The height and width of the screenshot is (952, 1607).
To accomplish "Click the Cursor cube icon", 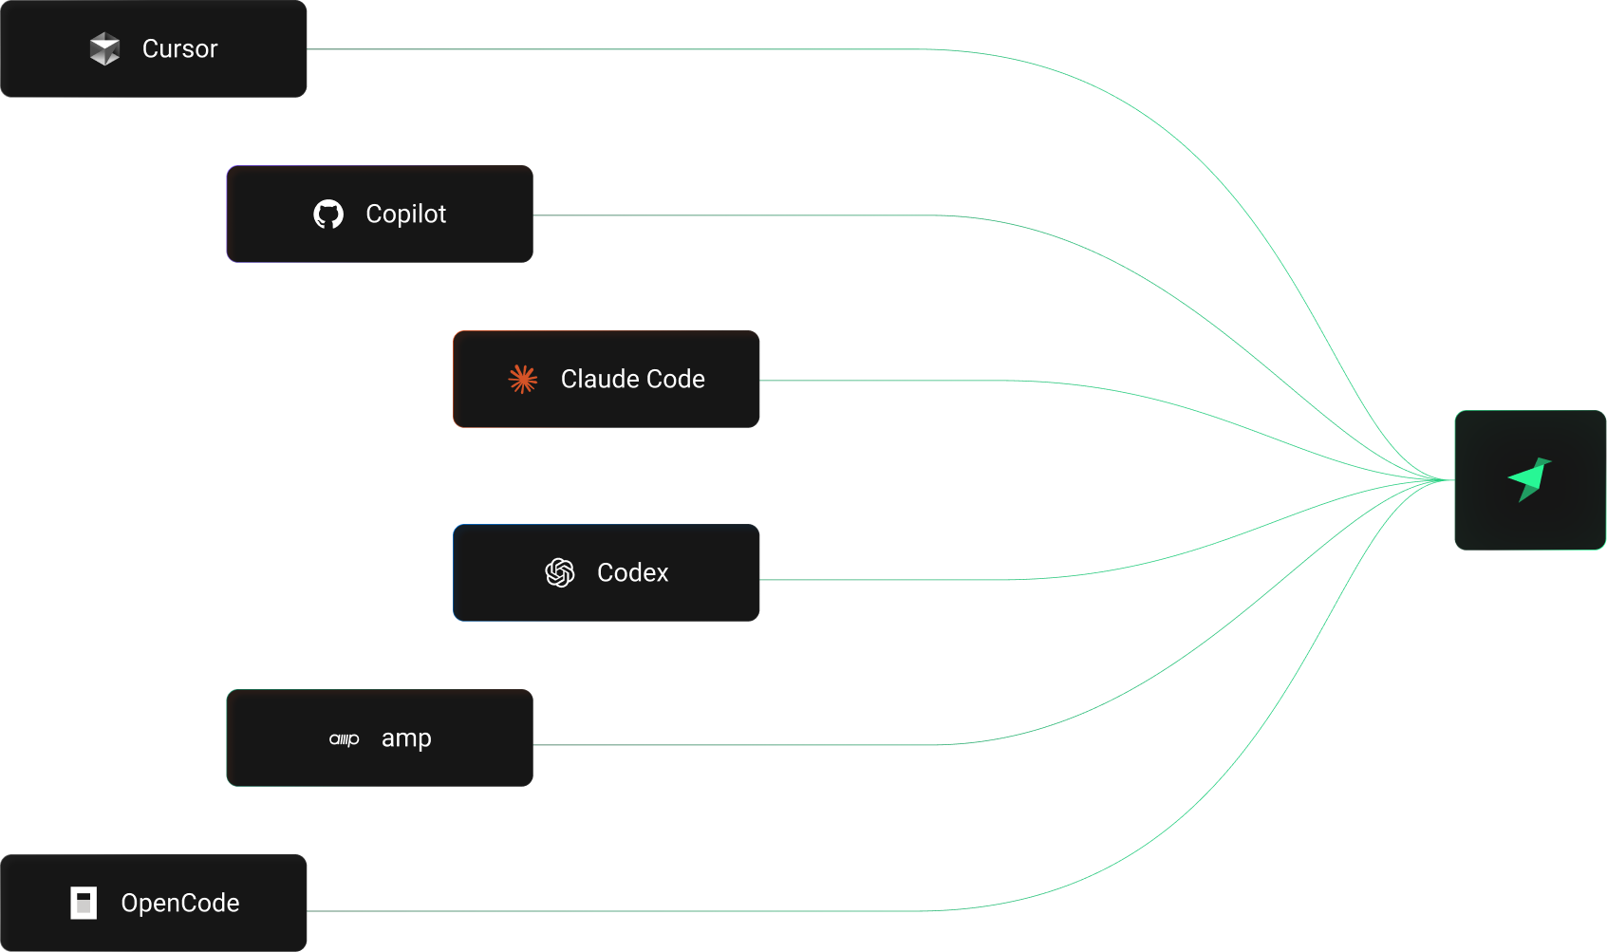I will pos(104,48).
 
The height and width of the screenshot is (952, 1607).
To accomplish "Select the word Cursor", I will pos(180,48).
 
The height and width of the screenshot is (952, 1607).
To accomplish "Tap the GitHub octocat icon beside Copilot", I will pos(328,215).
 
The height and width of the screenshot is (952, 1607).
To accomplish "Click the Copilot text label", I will pos(405,215).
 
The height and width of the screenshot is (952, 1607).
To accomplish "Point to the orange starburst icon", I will pos(522,379).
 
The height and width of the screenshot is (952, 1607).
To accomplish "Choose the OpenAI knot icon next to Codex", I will pos(560,572).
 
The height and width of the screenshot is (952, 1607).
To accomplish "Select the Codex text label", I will pos(632,572).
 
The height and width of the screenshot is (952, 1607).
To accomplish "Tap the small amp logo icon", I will pos(344,739).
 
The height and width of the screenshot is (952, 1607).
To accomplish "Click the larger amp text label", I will pos(406,738).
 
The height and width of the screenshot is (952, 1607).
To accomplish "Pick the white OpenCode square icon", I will pos(84,903).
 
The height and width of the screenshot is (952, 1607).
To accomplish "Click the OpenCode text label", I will pos(180,903).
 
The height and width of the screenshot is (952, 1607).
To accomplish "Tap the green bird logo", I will pos(1529,479).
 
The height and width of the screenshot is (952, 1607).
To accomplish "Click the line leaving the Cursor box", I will pos(617,49).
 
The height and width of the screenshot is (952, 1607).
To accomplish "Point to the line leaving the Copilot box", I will pos(740,215).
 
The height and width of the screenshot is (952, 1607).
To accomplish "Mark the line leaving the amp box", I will pos(740,745).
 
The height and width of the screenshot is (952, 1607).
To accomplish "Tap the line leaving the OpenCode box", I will pos(617,911).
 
